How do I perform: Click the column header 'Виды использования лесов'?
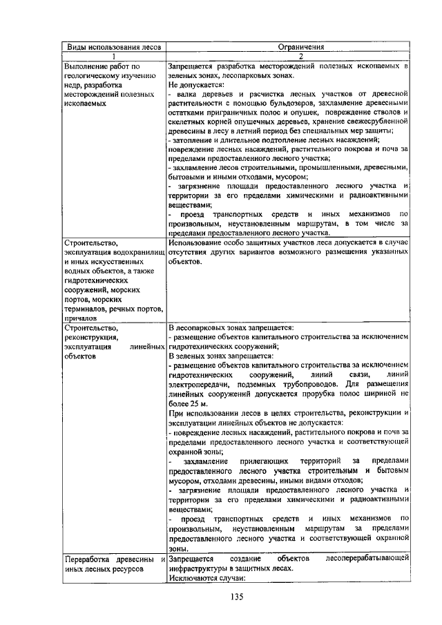pos(113,48)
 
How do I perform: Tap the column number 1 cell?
pos(113,57)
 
